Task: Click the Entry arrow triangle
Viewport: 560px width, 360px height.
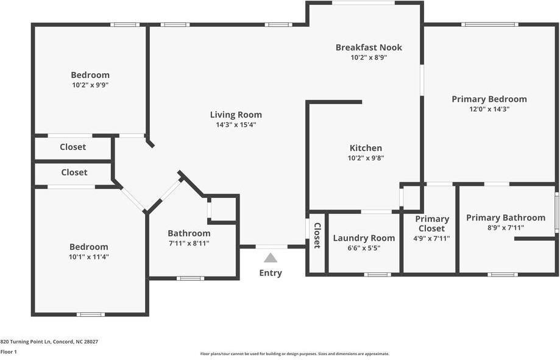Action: click(271, 258)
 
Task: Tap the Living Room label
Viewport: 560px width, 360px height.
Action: click(236, 115)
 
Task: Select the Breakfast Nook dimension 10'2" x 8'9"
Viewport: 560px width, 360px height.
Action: click(369, 58)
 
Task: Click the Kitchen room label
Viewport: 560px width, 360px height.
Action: click(366, 148)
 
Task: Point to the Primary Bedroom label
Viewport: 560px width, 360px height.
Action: click(489, 99)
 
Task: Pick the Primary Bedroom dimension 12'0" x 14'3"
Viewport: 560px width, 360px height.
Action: click(489, 109)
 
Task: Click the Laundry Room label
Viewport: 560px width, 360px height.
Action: click(364, 238)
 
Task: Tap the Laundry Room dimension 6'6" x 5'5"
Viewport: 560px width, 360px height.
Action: click(364, 248)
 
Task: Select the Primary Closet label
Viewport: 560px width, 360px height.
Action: click(432, 224)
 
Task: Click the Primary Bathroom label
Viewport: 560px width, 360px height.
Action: click(505, 217)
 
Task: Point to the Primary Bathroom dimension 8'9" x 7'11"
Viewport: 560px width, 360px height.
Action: click(505, 228)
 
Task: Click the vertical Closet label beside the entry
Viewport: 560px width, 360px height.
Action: click(317, 235)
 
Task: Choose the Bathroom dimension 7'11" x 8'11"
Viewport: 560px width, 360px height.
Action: click(189, 244)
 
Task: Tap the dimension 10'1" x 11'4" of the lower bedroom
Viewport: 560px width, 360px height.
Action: click(89, 257)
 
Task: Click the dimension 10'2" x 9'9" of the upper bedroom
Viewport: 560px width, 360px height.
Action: click(90, 85)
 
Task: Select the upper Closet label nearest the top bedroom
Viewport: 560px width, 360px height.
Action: click(73, 147)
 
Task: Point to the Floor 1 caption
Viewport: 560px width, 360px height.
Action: click(9, 352)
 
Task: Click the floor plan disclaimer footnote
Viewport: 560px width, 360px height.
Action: click(294, 354)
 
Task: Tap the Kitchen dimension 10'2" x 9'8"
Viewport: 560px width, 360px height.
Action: click(366, 158)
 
